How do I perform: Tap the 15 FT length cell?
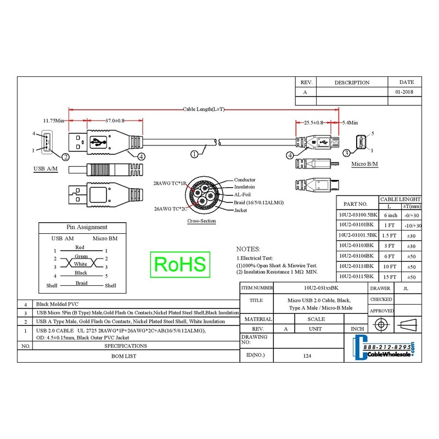(x=390, y=277)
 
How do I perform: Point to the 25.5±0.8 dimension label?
(x=313, y=123)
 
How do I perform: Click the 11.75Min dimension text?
(x=54, y=121)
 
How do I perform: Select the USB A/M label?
(x=46, y=168)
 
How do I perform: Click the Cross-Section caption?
(x=201, y=222)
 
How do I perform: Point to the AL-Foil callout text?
(x=244, y=195)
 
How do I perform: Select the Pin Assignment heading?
(x=87, y=227)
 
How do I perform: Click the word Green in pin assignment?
(x=81, y=256)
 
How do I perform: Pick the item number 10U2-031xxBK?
(x=320, y=288)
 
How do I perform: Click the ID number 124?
(x=307, y=356)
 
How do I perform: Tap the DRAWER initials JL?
(x=404, y=288)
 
